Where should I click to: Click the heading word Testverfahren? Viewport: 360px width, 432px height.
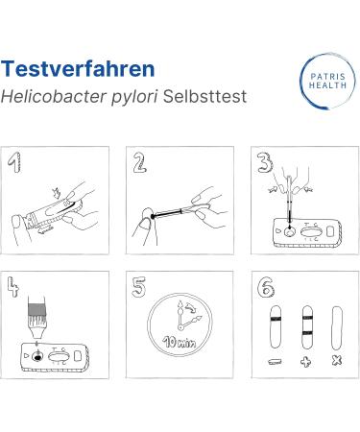pyautogui.click(x=78, y=69)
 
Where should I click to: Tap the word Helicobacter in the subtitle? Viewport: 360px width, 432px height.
pyautogui.click(x=54, y=96)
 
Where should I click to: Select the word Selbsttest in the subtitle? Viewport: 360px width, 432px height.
pyautogui.click(x=204, y=96)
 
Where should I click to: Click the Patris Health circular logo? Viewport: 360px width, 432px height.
pyautogui.click(x=327, y=81)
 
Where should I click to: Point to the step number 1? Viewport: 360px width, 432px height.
pyautogui.click(x=14, y=162)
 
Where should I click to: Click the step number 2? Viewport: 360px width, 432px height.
pyautogui.click(x=139, y=162)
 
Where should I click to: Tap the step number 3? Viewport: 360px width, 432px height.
pyautogui.click(x=265, y=162)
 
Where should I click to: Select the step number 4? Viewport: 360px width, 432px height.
pyautogui.click(x=12, y=287)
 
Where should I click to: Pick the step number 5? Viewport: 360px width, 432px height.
pyautogui.click(x=139, y=287)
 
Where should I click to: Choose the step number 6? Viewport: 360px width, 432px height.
pyautogui.click(x=266, y=287)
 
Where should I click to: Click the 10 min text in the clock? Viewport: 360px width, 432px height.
pyautogui.click(x=180, y=342)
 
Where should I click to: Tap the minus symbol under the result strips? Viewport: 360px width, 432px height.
pyautogui.click(x=276, y=362)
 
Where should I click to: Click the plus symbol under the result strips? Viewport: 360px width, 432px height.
pyautogui.click(x=306, y=362)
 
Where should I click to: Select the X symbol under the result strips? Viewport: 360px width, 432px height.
pyautogui.click(x=337, y=361)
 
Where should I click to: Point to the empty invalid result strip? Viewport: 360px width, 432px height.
pyautogui.click(x=337, y=328)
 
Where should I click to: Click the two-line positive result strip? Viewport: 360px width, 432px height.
pyautogui.click(x=307, y=327)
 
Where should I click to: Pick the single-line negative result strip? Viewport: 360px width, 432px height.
pyautogui.click(x=276, y=327)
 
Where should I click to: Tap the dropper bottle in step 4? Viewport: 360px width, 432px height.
pyautogui.click(x=36, y=318)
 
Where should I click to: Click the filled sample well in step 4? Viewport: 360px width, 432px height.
pyautogui.click(x=37, y=356)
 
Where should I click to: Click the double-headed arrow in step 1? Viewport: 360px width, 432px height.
pyautogui.click(x=45, y=229)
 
